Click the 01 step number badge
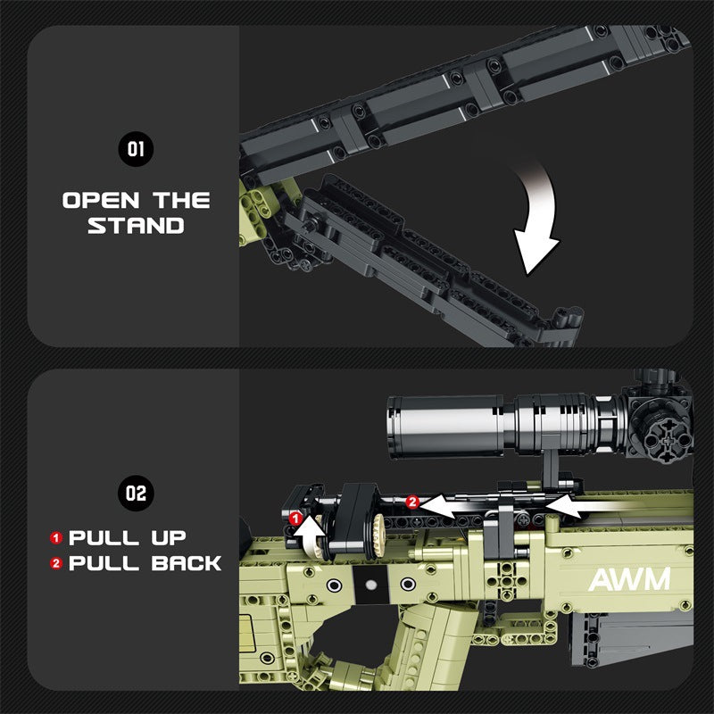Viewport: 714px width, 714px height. [136, 149]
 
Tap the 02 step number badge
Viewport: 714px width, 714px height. [136, 492]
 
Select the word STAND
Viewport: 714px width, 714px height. [136, 226]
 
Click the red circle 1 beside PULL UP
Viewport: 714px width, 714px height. [56, 538]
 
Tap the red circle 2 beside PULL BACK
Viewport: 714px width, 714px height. [56, 563]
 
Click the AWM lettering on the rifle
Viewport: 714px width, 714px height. [628, 580]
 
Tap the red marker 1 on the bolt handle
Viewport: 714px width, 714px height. [295, 517]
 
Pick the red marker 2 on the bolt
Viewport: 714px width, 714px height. [411, 502]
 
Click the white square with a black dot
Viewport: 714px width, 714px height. [370, 585]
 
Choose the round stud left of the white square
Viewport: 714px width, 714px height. [334, 585]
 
